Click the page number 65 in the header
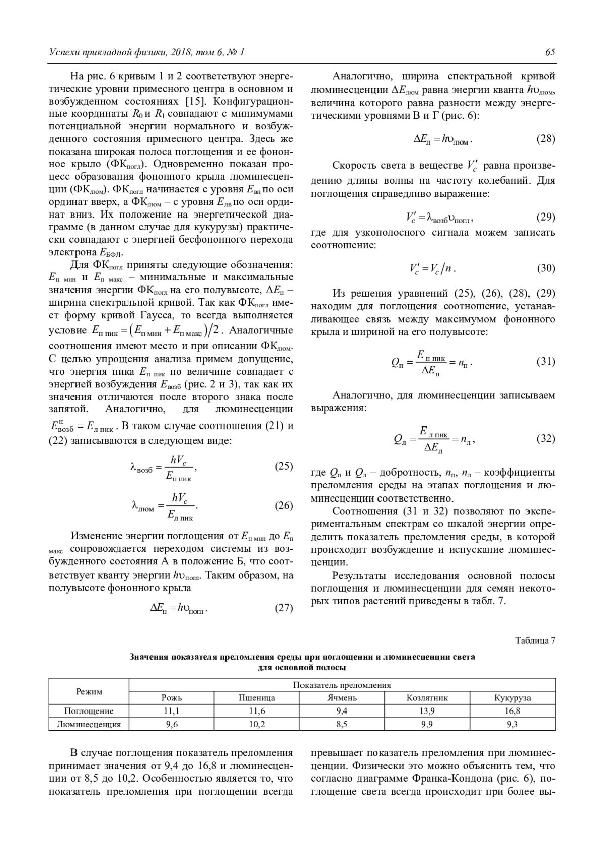(x=550, y=52)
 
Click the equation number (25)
(x=284, y=466)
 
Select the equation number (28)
(x=546, y=139)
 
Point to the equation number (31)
(x=546, y=362)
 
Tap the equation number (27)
(x=284, y=608)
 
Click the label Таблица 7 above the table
(x=536, y=641)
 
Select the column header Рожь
(x=172, y=698)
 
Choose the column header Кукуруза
(x=512, y=698)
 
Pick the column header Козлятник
(x=427, y=698)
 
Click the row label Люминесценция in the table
(x=89, y=724)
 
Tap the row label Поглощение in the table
(x=89, y=711)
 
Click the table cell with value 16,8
(x=512, y=711)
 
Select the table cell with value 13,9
(x=427, y=711)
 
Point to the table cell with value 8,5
(x=342, y=724)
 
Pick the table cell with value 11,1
(x=172, y=711)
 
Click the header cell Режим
(x=89, y=691)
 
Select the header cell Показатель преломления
(x=342, y=685)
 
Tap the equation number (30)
(x=546, y=268)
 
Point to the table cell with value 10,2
(x=257, y=724)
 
